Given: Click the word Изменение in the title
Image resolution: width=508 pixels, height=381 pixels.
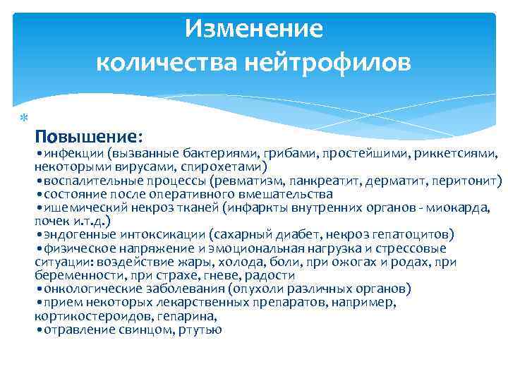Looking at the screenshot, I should pos(253,29).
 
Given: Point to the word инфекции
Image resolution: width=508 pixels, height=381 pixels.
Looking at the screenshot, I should pos(74,153).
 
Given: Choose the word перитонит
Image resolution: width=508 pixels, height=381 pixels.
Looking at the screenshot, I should pos(467,180).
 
